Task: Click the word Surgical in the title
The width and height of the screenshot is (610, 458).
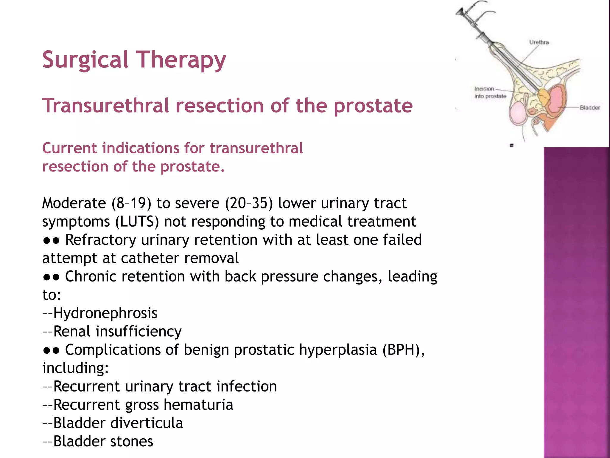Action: coord(85,60)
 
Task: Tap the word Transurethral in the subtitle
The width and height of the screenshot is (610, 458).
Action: coord(105,106)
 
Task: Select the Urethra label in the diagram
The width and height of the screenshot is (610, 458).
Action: coord(539,42)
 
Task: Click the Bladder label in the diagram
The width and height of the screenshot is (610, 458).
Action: coord(589,108)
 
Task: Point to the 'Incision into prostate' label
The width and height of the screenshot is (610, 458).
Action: coord(490,92)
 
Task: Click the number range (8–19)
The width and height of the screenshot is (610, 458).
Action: coord(131,203)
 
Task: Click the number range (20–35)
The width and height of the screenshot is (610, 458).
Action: coord(249,203)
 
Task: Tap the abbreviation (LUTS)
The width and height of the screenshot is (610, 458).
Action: coord(137,222)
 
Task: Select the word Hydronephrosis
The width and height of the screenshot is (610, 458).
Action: coord(105,313)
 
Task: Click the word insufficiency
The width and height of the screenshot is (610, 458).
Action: coord(138,332)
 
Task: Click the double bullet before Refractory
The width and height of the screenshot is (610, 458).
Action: coord(51,240)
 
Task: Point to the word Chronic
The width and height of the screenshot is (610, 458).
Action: coord(95,277)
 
